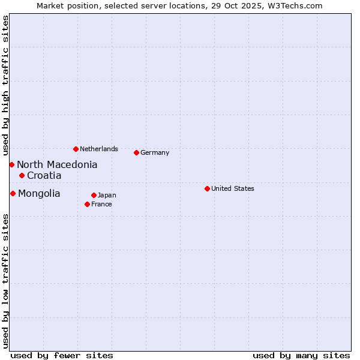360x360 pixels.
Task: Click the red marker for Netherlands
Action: point(76,149)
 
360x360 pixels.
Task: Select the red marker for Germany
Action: point(136,152)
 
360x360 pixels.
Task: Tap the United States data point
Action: point(207,188)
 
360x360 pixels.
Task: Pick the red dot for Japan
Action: point(94,195)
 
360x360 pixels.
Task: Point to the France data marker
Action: point(87,204)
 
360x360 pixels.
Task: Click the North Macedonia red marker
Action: point(11,164)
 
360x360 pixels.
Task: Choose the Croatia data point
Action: point(22,175)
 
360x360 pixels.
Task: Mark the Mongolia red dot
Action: point(13,193)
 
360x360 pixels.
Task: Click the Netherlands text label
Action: point(98,149)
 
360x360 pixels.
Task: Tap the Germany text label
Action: point(155,152)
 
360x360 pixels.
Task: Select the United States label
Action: point(232,188)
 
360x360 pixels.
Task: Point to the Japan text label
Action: point(107,195)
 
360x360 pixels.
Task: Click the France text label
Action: point(101,204)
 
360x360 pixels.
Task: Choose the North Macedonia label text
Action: point(57,164)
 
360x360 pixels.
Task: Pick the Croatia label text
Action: point(44,175)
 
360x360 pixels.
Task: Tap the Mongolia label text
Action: point(39,193)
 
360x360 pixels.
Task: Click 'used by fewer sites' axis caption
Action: point(62,355)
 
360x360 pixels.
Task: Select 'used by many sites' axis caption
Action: point(301,355)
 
